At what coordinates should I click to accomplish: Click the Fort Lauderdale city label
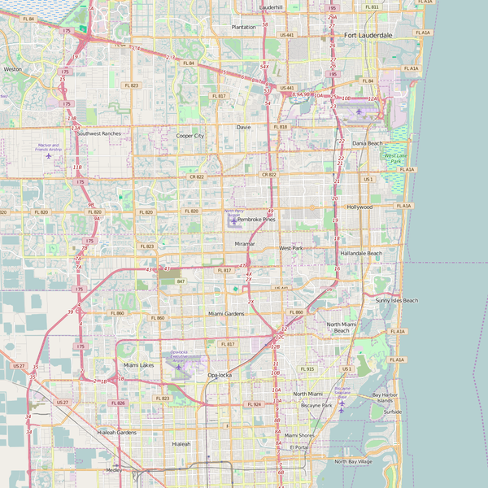click(368, 36)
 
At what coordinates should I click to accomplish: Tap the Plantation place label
click(243, 27)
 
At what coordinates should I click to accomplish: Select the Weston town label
click(13, 69)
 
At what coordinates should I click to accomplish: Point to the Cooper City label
click(190, 136)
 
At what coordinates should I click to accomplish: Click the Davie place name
click(244, 127)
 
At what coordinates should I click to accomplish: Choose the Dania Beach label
click(367, 143)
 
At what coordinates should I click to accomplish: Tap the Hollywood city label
click(359, 207)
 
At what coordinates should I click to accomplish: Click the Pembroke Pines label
click(257, 220)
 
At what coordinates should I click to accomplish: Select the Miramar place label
click(245, 244)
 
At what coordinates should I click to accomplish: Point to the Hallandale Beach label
click(361, 253)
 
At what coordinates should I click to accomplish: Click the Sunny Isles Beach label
click(397, 300)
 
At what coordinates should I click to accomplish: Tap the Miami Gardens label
click(226, 313)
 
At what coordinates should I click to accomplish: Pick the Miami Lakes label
click(138, 365)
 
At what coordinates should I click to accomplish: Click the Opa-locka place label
click(220, 375)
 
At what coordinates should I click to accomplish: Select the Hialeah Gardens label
click(117, 432)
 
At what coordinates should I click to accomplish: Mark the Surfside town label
click(393, 412)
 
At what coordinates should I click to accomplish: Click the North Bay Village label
click(353, 461)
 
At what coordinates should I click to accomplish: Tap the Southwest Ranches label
click(99, 133)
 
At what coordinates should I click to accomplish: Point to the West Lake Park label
click(395, 158)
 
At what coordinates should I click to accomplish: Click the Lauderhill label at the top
click(271, 7)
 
